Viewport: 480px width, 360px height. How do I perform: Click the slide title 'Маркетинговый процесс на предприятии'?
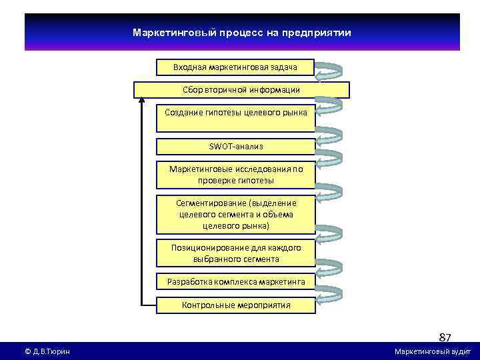[x=241, y=33]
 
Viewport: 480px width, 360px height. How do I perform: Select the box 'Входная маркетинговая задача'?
[x=235, y=67]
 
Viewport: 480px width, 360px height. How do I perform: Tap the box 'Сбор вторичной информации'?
[x=241, y=89]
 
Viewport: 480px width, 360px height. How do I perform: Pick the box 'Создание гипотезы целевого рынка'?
[x=236, y=113]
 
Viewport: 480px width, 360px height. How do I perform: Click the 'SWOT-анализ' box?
[x=236, y=146]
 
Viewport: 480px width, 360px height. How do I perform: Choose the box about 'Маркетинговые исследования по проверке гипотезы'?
[x=236, y=175]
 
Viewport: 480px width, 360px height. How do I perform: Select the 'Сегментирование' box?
[x=236, y=214]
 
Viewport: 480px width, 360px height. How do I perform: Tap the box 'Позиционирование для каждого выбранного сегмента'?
[x=236, y=253]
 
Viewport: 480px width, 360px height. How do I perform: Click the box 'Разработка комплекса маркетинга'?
[x=236, y=282]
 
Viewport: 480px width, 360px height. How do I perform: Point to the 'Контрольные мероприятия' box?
[x=236, y=305]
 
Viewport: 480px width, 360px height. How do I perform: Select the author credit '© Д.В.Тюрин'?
[x=47, y=351]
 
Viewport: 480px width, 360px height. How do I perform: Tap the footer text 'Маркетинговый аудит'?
[x=433, y=351]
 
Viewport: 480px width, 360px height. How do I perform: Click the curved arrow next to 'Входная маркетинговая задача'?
[x=329, y=71]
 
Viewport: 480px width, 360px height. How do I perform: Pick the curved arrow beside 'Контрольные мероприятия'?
[x=329, y=299]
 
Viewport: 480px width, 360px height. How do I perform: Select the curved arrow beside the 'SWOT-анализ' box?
[x=329, y=155]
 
